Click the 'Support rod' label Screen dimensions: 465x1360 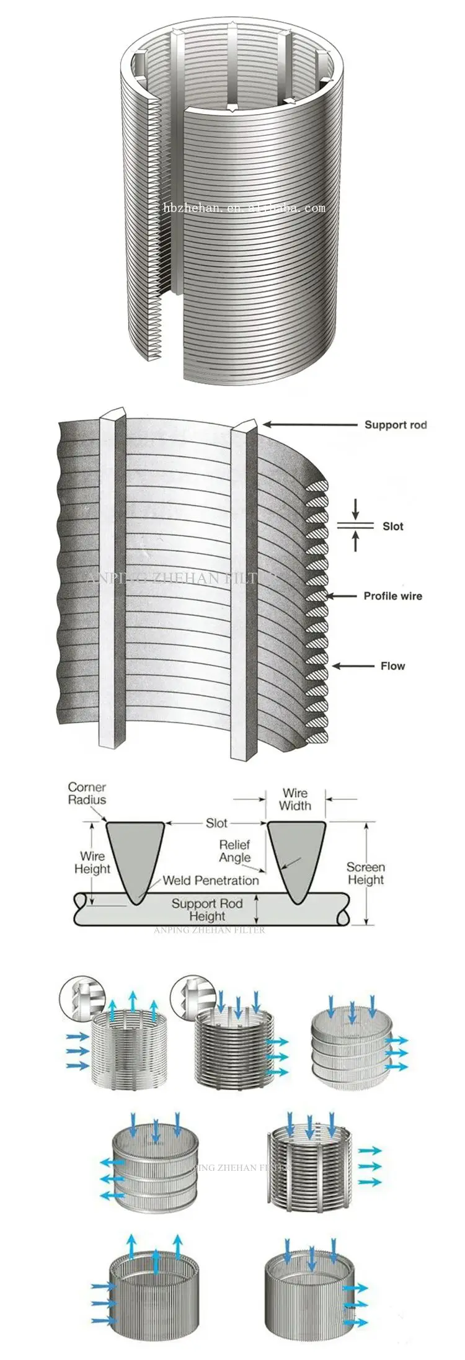(395, 425)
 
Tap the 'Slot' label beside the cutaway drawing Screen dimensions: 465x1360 (392, 527)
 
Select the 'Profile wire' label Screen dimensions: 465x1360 (392, 596)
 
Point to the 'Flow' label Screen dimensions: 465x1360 (392, 666)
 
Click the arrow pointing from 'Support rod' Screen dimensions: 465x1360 (310, 425)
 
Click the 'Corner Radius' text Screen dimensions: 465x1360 (87, 793)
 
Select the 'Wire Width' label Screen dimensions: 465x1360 (294, 799)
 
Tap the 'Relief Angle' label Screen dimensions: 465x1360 (235, 851)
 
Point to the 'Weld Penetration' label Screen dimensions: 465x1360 (211, 880)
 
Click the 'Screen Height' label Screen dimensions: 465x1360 (365, 873)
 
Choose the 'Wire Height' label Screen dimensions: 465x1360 (92, 862)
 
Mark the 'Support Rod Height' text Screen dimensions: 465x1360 (206, 910)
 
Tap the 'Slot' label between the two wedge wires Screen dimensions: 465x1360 (216, 823)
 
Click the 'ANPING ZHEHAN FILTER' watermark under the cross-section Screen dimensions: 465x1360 (210, 930)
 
